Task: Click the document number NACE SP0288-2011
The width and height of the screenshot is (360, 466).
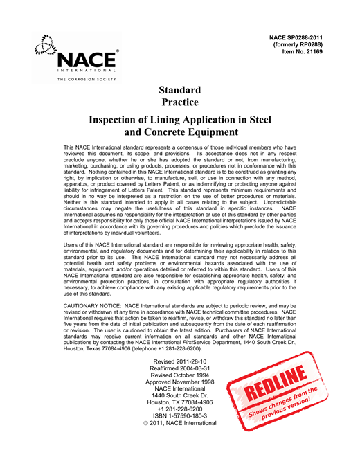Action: pyautogui.click(x=301, y=35)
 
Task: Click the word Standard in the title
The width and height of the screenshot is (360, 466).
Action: pyautogui.click(x=179, y=90)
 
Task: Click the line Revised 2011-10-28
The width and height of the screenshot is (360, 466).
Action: pyautogui.click(x=179, y=361)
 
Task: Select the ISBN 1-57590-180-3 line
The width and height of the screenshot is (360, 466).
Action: pyautogui.click(x=179, y=427)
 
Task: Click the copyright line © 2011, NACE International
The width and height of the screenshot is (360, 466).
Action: pyautogui.click(x=179, y=436)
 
